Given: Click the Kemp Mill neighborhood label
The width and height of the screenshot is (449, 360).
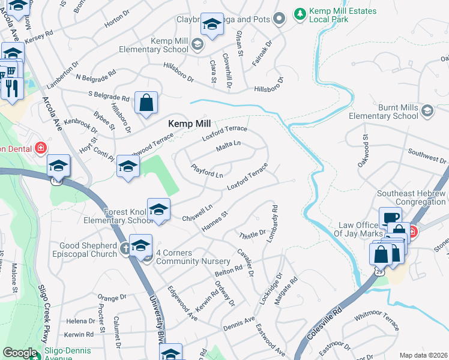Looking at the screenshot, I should click(190, 123).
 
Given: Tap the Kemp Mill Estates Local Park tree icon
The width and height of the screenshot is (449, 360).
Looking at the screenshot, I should click(299, 12).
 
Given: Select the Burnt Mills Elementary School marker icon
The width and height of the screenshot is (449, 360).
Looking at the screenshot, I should click(427, 110).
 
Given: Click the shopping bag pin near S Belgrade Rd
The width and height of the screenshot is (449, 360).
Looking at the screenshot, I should click(146, 103).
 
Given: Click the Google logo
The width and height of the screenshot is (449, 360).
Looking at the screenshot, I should click(19, 353).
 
